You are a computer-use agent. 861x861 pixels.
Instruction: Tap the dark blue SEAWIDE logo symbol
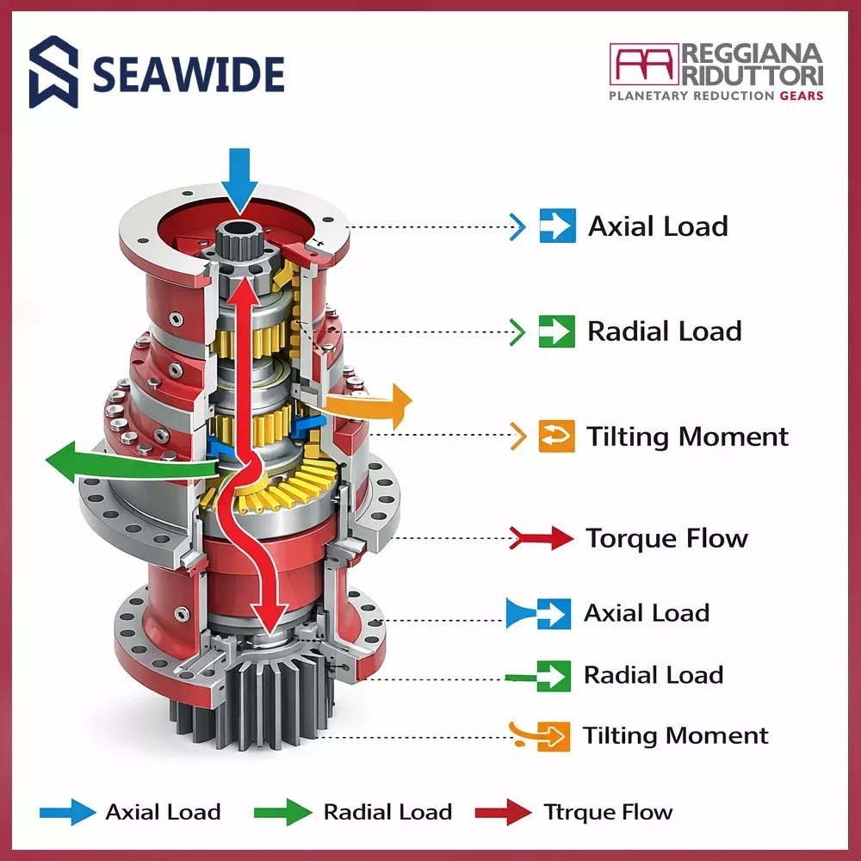click(53, 72)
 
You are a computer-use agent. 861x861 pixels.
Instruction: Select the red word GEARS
click(802, 96)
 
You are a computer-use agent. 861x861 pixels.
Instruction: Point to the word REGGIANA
click(753, 54)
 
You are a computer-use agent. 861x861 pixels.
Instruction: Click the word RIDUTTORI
click(753, 75)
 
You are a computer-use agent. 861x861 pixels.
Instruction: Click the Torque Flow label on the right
click(666, 539)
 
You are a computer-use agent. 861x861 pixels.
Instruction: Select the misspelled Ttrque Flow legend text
click(608, 812)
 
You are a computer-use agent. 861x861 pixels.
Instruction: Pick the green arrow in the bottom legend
click(282, 812)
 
